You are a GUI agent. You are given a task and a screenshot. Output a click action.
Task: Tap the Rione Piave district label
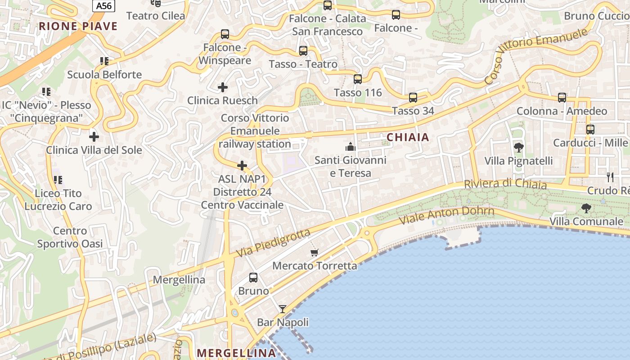pos(78,26)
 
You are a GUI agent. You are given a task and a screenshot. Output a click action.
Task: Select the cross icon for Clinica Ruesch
pos(223,87)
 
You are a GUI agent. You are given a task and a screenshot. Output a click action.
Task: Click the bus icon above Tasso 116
pos(358,79)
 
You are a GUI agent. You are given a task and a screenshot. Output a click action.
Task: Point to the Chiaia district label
pos(408,137)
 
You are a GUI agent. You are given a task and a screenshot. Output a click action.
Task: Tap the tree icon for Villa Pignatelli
pos(518,147)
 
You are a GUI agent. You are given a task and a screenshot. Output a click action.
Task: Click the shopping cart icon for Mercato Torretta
pos(315,252)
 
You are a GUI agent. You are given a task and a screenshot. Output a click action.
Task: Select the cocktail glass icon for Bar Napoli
pos(283,309)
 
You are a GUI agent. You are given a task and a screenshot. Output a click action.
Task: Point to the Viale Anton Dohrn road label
pos(447,216)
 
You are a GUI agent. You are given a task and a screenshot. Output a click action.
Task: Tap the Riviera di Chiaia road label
pos(505,184)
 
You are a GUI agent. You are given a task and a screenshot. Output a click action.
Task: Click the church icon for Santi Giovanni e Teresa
pos(350,147)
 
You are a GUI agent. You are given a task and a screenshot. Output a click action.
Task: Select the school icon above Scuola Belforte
pos(104,61)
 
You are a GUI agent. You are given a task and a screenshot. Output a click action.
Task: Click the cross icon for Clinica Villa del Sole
pos(94,136)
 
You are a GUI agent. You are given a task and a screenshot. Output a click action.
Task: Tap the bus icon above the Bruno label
pos(253,278)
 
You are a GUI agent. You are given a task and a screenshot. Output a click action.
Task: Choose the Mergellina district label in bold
pos(236,353)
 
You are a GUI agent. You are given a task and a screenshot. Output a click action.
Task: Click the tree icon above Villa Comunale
pos(586,208)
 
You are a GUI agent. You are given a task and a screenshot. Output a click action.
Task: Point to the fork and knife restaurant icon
pos(610,177)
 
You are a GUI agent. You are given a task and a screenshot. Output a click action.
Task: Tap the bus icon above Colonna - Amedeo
pos(562,97)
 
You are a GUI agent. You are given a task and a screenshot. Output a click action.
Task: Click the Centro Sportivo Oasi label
pos(70,238)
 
